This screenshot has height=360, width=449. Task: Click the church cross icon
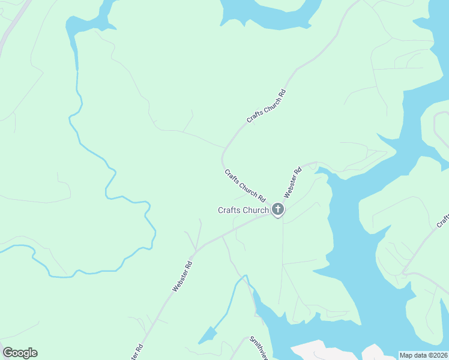coord(277,209)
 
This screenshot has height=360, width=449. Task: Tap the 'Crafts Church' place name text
coord(243,210)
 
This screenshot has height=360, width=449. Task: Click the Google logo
coord(20,353)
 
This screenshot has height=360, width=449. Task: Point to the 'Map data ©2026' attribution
coord(423,355)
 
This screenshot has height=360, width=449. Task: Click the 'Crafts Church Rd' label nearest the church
coord(245,185)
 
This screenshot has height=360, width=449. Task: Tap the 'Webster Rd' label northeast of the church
coord(292,182)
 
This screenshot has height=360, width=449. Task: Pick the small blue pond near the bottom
coord(207,335)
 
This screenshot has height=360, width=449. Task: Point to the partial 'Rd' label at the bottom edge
coord(137,352)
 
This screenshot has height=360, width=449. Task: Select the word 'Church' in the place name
coord(256,210)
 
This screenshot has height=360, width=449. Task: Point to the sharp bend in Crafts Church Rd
coord(223,157)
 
